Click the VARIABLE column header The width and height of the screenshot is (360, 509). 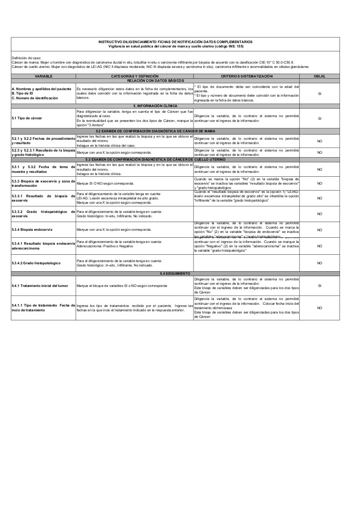[44, 76]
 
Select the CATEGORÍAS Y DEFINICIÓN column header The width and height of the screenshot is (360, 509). [134, 76]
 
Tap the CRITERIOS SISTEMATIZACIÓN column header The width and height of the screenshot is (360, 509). [246, 76]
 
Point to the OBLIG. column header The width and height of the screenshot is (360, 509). [319, 76]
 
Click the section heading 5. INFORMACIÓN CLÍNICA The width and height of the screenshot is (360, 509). [155, 106]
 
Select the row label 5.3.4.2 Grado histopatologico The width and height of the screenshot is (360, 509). [36, 263]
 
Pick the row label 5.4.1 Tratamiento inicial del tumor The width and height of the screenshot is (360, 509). [40, 286]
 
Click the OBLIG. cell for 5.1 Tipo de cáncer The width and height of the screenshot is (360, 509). [319, 118]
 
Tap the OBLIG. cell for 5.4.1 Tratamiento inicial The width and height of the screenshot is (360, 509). [319, 286]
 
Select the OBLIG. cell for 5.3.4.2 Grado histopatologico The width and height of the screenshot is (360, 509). [319, 263]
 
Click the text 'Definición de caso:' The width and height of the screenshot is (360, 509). [26, 57]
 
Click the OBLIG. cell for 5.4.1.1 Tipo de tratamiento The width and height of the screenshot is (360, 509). [319, 307]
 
